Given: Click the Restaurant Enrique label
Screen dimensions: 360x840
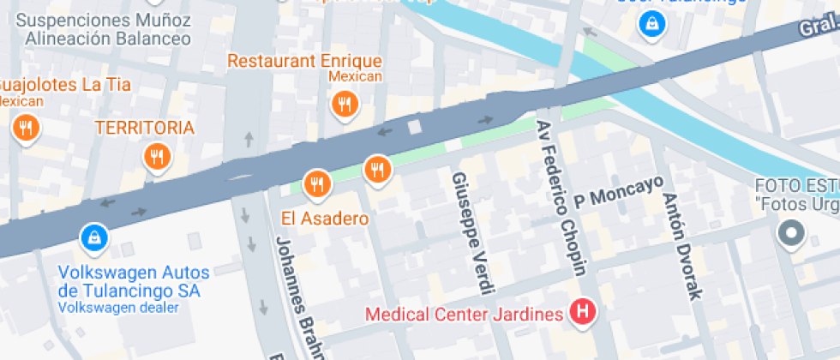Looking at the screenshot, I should pos(304,61).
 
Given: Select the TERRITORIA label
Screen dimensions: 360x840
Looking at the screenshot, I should pos(144,128).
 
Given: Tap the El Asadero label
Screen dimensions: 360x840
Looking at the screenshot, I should pos(325,219).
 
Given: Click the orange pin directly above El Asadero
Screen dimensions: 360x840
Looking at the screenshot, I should pos(317,183).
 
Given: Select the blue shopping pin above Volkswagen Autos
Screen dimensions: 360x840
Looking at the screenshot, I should pos(93,237).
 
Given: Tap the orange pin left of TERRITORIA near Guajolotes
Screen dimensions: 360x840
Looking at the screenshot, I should pos(27,129).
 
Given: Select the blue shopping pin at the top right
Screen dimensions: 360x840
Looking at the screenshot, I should pos(651,23).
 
